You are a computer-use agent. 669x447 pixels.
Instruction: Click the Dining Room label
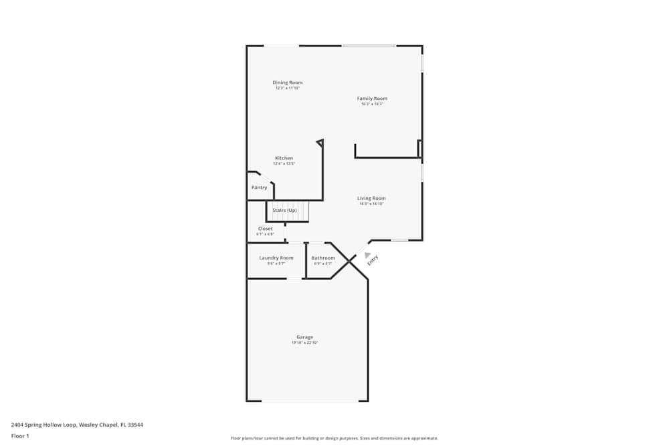[x=287, y=82]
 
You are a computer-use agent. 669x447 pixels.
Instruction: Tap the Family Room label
[x=372, y=99]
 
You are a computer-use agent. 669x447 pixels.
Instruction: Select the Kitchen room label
[x=284, y=158]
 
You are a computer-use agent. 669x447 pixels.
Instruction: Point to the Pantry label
[x=259, y=188]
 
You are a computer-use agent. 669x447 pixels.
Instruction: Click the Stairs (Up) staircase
[x=287, y=211]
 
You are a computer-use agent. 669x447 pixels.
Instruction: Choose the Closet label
[x=265, y=229]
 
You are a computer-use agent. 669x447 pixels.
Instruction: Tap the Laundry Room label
[x=276, y=258]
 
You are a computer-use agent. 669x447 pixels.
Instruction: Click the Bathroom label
[x=323, y=258]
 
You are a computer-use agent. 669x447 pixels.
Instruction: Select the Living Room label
[x=371, y=198]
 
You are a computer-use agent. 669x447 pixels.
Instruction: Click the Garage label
[x=304, y=337]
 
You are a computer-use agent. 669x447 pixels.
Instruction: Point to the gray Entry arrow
[x=367, y=254]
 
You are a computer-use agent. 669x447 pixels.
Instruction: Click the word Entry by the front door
[x=373, y=261]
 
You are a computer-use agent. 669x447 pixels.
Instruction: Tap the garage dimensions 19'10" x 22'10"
[x=304, y=343]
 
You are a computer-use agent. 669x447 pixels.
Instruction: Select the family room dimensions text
[x=372, y=104]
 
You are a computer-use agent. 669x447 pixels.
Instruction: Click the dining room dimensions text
[x=287, y=88]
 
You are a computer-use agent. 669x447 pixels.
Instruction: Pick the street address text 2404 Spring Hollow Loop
[x=77, y=424]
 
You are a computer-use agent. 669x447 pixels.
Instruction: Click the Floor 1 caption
[x=20, y=436]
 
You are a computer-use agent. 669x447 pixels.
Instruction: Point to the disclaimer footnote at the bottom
[x=334, y=438]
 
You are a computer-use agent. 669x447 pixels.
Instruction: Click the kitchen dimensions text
[x=284, y=164]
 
